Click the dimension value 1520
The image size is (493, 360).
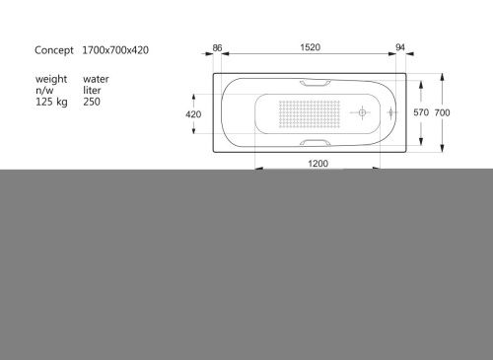tap(315, 47)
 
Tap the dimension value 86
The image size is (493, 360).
tap(219, 47)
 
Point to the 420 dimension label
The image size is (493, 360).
tap(194, 114)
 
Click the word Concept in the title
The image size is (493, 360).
tap(54, 49)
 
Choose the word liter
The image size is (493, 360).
tap(93, 90)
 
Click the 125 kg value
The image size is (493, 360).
tap(52, 102)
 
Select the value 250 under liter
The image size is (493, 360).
tap(93, 102)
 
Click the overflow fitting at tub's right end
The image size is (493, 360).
tap(392, 113)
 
